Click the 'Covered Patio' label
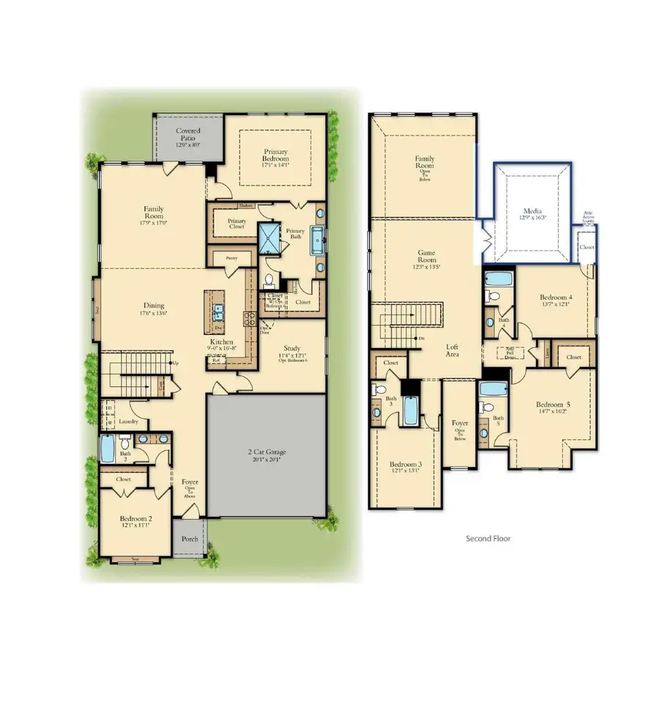click(x=188, y=135)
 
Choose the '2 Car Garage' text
click(x=266, y=451)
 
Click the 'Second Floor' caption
click(x=488, y=538)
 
